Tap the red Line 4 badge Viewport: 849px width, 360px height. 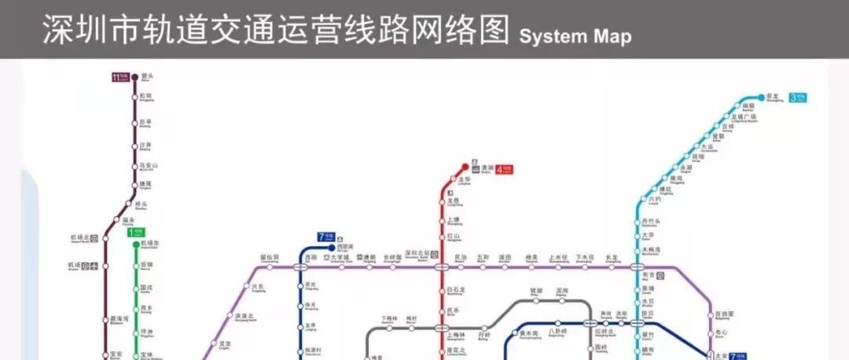(x=504, y=168)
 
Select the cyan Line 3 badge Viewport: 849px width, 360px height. (x=798, y=97)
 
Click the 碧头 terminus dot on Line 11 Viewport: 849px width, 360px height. (x=134, y=77)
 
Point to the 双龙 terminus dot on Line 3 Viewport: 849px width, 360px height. (x=760, y=97)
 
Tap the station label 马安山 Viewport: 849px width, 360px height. (x=149, y=166)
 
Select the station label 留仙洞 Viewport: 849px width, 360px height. (x=270, y=257)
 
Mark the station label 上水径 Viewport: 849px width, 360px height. (x=557, y=257)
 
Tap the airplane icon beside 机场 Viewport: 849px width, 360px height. (x=95, y=266)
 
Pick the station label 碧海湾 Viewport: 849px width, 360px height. (x=119, y=319)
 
